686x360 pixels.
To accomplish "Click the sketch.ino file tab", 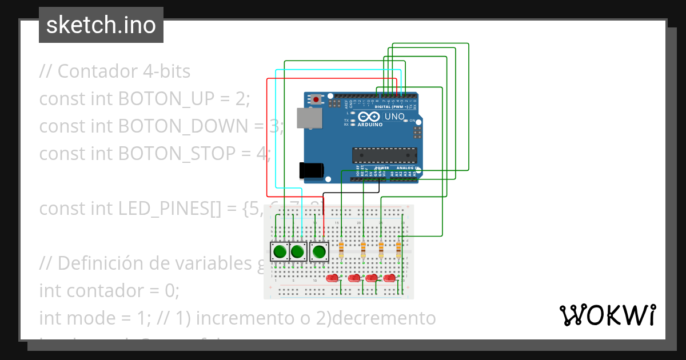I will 101,25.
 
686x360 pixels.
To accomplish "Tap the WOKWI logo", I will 607,315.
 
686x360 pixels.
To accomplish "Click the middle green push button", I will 297,251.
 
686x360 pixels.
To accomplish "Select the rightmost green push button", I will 319,251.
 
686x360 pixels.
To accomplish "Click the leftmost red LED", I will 332,278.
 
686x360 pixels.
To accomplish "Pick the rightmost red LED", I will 389,278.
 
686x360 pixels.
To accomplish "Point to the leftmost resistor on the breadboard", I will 342,249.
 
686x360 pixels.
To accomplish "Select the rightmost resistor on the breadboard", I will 398,249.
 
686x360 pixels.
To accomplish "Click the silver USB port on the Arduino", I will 309,118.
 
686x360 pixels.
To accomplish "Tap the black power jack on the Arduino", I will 312,170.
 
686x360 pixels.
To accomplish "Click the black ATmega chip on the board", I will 384,155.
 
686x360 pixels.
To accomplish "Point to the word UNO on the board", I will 394,117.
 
